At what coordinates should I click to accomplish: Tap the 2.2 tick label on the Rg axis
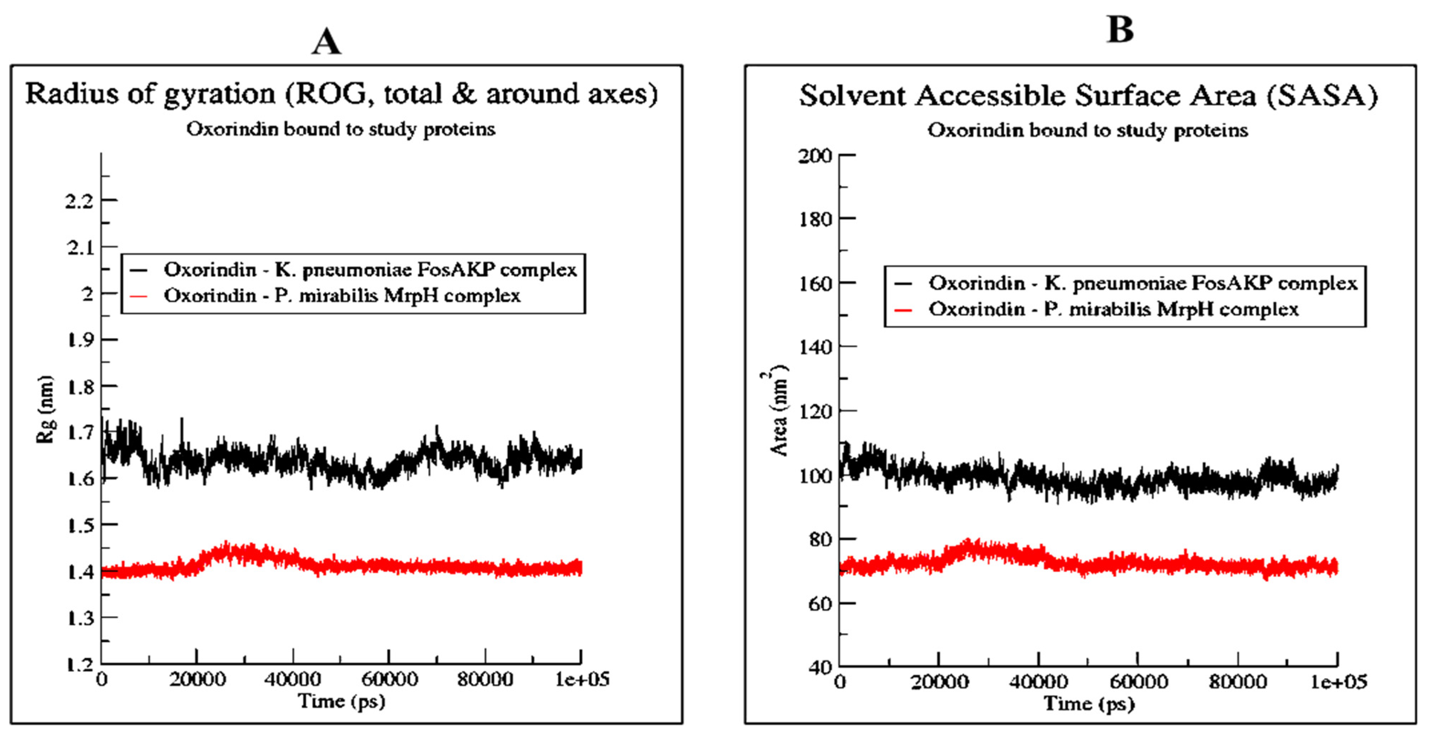(79, 201)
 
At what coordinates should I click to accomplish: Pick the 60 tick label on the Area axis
(821, 604)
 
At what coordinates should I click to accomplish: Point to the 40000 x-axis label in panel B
(1038, 682)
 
